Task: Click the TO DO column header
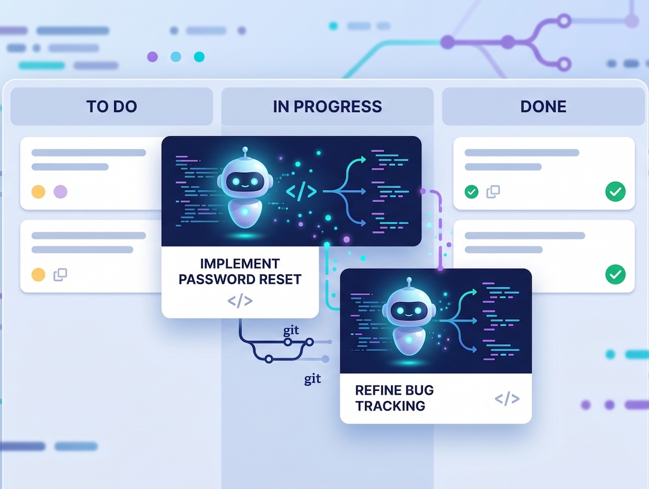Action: pyautogui.click(x=112, y=106)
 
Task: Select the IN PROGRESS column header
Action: pyautogui.click(x=328, y=106)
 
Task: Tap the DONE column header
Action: pyautogui.click(x=543, y=106)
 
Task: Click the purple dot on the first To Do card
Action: pyautogui.click(x=60, y=191)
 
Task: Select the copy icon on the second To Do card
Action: pyautogui.click(x=60, y=274)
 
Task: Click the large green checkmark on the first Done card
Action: pyautogui.click(x=615, y=191)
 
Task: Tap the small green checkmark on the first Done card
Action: pyautogui.click(x=472, y=191)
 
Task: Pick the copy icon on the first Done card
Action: pyautogui.click(x=493, y=191)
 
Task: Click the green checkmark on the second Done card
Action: pyautogui.click(x=615, y=274)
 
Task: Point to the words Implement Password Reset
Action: pyautogui.click(x=240, y=271)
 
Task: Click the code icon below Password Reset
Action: pyautogui.click(x=240, y=301)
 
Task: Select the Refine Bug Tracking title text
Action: pyautogui.click(x=394, y=398)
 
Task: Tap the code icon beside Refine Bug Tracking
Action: pyautogui.click(x=507, y=398)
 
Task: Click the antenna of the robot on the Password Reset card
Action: pyautogui.click(x=245, y=152)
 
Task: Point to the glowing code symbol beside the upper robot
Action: pyautogui.click(x=301, y=191)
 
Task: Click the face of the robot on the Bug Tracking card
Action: pyautogui.click(x=409, y=310)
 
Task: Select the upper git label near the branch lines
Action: pyautogui.click(x=291, y=330)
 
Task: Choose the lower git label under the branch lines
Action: pyautogui.click(x=312, y=379)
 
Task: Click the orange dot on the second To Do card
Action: pyautogui.click(x=39, y=274)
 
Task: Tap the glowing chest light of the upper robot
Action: pyautogui.click(x=245, y=212)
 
